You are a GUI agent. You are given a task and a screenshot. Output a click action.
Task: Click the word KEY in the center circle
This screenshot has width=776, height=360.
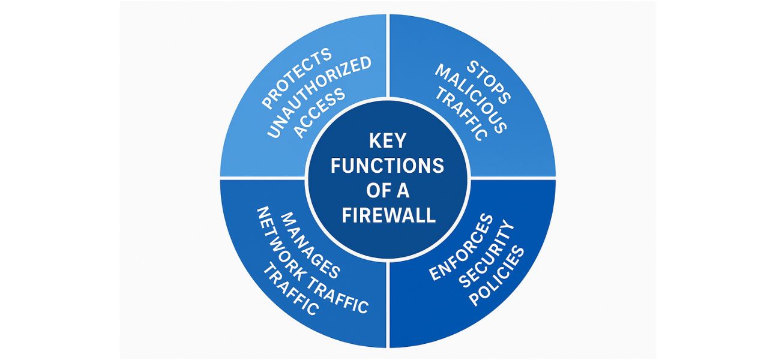388,142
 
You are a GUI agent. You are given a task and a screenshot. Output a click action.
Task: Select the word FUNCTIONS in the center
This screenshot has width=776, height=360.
388,166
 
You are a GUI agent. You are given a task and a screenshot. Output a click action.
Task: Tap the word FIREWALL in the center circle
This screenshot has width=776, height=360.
388,215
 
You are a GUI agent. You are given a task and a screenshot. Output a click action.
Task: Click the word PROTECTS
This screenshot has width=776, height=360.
296,77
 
